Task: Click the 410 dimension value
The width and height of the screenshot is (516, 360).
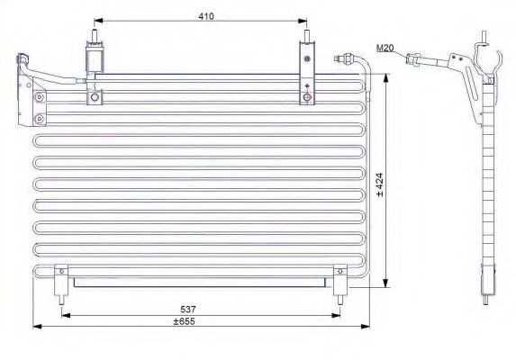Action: point(206,16)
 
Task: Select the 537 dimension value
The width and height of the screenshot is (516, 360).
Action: point(188,309)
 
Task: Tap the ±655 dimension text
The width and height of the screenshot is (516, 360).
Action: point(185,321)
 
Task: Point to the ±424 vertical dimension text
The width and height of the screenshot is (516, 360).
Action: point(379,184)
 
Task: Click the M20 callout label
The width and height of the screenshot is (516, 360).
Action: point(385,48)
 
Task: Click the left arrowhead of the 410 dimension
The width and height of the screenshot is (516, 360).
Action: point(98,21)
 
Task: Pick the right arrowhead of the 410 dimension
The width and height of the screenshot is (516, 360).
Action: point(303,21)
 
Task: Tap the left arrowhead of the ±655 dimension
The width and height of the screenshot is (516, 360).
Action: point(38,326)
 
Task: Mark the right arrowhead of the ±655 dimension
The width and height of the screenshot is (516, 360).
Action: point(366,326)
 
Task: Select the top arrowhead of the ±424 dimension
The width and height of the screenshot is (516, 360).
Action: point(386,78)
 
